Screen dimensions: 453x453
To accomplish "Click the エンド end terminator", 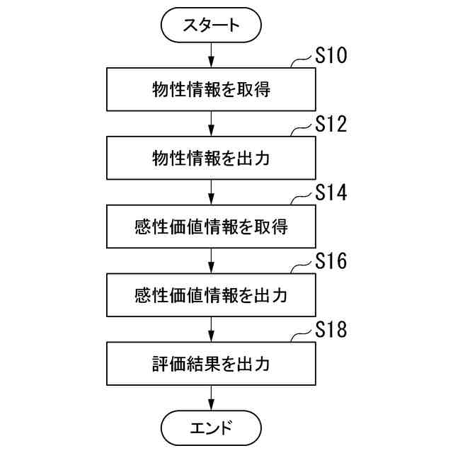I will pos(212,428).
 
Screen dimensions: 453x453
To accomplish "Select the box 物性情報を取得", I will pos(212,90).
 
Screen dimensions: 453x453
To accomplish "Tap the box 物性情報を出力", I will pos(212,158).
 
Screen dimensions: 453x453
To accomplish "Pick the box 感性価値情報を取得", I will pos(212,226).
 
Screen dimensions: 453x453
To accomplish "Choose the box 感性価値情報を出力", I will pos(212,295).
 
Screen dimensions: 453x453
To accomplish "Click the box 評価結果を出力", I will pos(212,364).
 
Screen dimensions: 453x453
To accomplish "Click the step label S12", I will pos(331,125).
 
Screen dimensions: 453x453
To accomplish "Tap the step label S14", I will pos(331,193).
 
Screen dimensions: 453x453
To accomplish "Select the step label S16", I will pos(331,262).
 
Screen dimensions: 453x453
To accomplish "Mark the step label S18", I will pos(331,331).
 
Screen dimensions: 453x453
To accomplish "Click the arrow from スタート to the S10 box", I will pos(212,55).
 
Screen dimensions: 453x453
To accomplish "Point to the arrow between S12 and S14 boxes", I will pos(212,192).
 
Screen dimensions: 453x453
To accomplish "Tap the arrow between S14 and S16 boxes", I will pos(212,260).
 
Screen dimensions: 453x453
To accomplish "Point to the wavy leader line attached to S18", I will pos(302,336).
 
